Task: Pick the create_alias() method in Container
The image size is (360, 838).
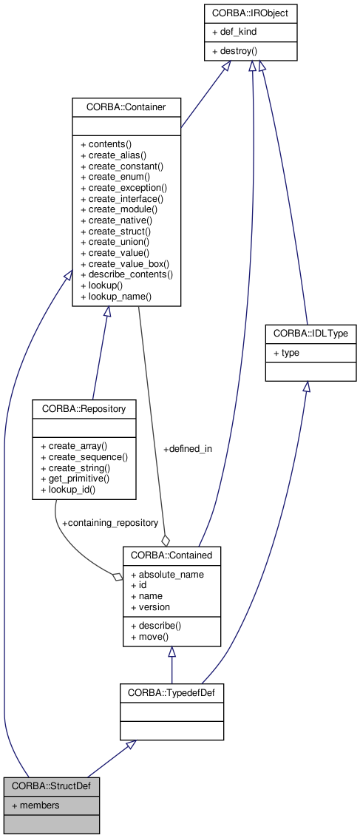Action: (x=113, y=155)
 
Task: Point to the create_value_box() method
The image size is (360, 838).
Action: (x=124, y=263)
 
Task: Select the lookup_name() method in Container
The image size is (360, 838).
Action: (x=115, y=297)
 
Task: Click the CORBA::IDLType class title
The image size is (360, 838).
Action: (x=310, y=334)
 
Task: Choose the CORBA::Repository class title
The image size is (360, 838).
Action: (x=84, y=408)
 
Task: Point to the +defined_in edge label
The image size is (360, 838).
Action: (x=187, y=449)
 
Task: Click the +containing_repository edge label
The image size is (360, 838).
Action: (x=110, y=522)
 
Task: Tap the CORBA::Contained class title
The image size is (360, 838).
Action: (x=171, y=554)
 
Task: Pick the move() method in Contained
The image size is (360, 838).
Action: (x=149, y=636)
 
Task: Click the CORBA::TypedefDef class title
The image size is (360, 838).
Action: (x=171, y=693)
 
